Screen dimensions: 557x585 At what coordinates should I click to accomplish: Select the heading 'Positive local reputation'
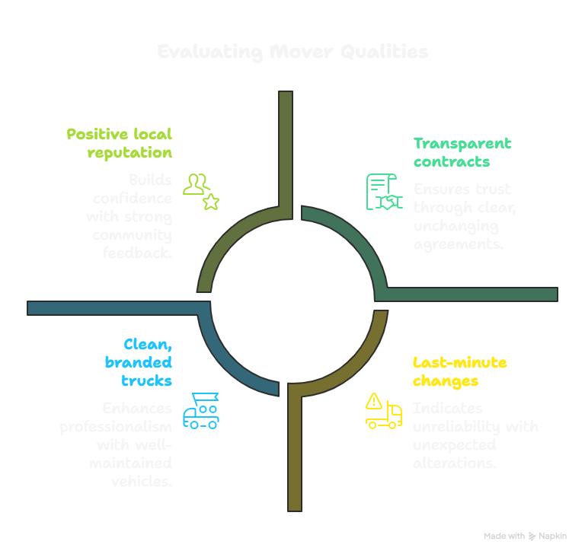point(120,143)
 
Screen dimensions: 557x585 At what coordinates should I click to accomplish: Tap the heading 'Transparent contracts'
point(462,151)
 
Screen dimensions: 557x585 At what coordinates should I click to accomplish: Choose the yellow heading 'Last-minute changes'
point(459,371)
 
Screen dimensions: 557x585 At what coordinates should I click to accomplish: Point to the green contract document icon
point(383,192)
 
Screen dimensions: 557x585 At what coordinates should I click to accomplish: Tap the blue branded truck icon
point(201,411)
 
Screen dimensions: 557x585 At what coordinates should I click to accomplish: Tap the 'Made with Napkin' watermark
point(525,536)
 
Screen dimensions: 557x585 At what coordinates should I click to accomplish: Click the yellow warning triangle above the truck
point(374,400)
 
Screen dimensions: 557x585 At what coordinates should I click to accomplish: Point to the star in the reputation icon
point(211,201)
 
